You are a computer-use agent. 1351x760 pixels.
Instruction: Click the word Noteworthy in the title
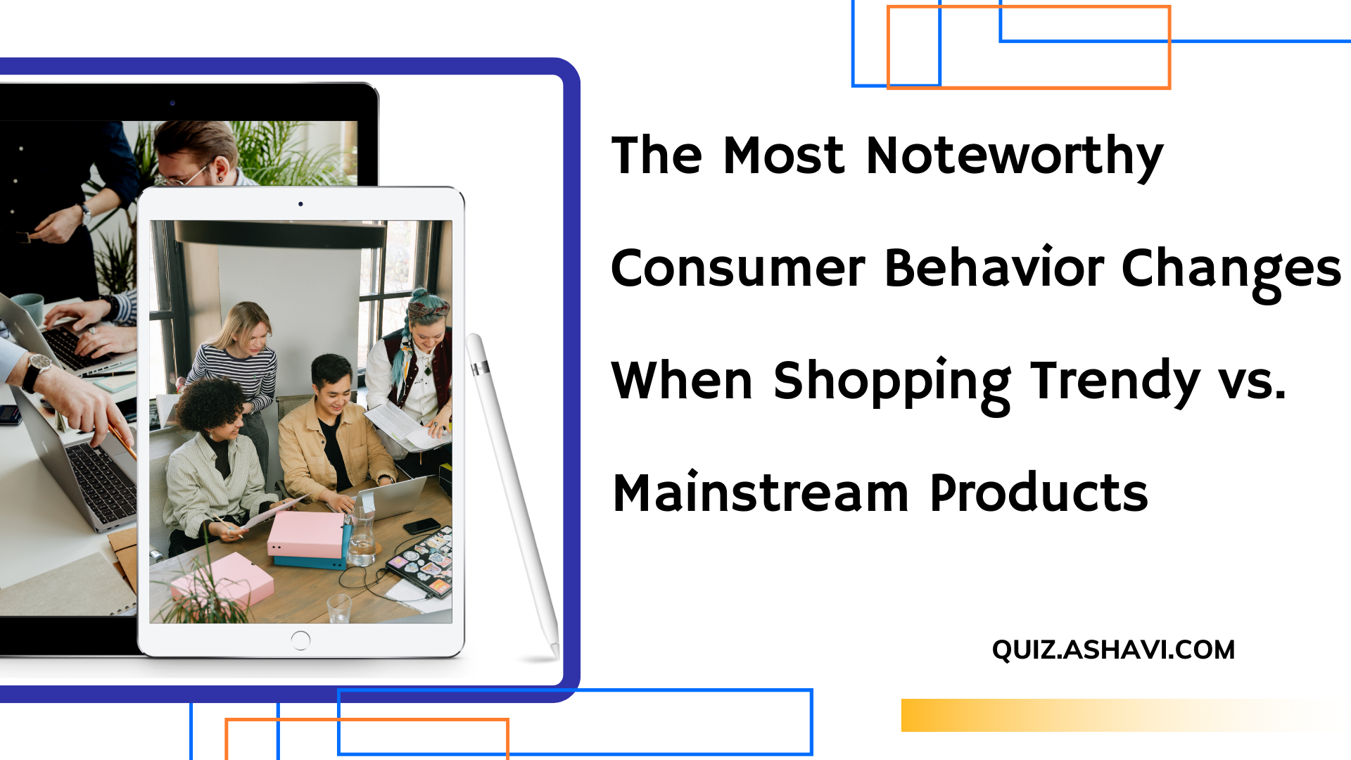click(1014, 156)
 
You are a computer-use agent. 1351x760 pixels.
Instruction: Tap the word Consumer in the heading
click(738, 269)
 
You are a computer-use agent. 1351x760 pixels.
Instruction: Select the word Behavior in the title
click(994, 268)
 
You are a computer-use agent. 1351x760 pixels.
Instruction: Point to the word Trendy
click(1115, 381)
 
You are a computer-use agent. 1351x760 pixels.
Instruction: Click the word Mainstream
click(761, 493)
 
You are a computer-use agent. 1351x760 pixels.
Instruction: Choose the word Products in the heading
click(1039, 493)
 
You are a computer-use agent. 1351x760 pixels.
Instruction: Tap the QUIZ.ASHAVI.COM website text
click(1113, 650)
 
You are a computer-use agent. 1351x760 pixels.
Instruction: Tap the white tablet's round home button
click(300, 640)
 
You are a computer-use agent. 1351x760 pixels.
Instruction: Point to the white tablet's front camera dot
click(300, 204)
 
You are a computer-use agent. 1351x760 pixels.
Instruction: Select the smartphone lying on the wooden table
click(421, 526)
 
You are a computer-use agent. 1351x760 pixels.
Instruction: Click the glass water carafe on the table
click(362, 538)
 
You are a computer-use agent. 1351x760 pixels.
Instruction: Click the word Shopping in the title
click(892, 381)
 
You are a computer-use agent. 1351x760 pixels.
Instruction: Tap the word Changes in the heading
click(1231, 269)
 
